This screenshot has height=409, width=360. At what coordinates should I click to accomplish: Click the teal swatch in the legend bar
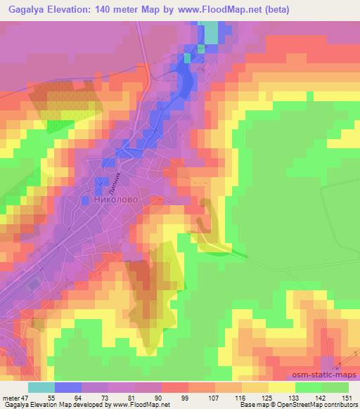click(x=42, y=387)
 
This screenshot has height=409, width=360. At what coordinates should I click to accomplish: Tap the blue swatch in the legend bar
click(x=69, y=387)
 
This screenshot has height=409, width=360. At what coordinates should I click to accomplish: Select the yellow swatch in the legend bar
click(x=282, y=387)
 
